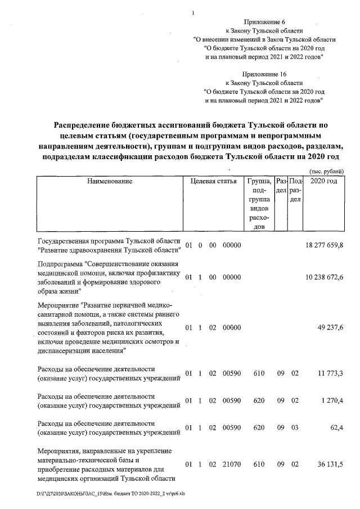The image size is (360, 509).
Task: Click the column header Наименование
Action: (x=109, y=181)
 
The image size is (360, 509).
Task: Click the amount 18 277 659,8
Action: (x=324, y=245)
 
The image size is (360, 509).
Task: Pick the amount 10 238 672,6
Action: (x=324, y=277)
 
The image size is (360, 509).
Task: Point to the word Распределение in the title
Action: (x=87, y=125)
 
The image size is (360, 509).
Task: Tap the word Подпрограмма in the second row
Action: (x=61, y=264)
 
